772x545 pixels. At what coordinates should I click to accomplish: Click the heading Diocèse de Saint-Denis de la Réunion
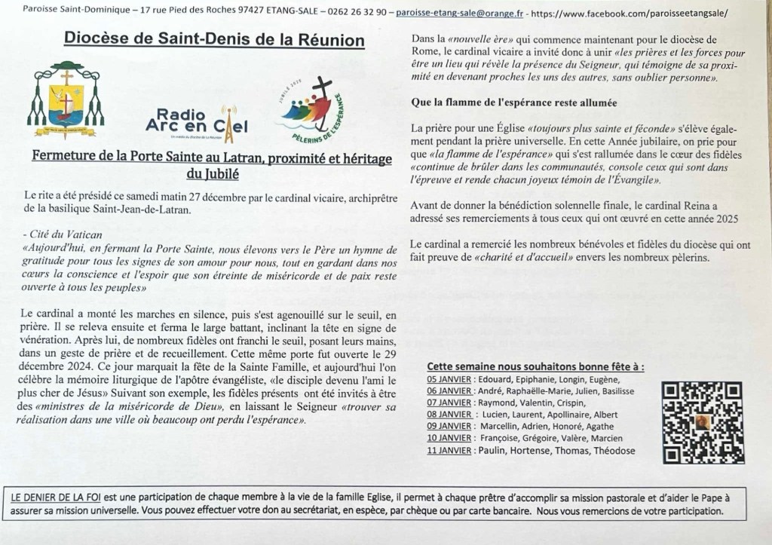[x=214, y=39]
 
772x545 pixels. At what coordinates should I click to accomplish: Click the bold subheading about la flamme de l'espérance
[x=514, y=103]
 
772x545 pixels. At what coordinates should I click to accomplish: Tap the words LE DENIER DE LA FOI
[x=55, y=498]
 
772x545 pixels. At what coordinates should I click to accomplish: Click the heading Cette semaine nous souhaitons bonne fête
[x=535, y=366]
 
